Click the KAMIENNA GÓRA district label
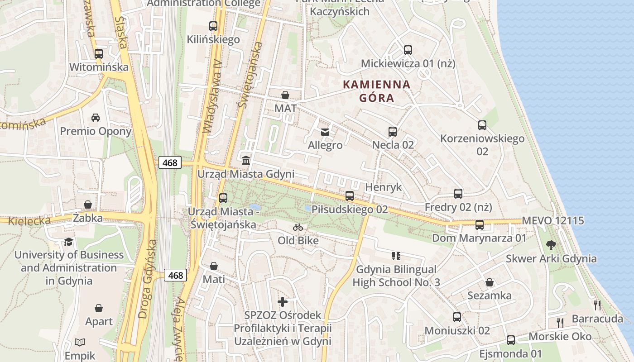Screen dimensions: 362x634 point(376,91)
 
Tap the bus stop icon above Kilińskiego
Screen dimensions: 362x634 point(213,26)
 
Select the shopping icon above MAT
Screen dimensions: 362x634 point(285,95)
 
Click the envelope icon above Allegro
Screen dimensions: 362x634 point(325,132)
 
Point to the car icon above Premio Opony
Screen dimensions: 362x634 point(96,118)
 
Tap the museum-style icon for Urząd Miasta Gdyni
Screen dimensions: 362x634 point(246,160)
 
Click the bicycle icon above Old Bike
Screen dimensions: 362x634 point(298,227)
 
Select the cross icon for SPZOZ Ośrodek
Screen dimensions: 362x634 point(283,301)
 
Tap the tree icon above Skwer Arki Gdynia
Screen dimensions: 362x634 point(551,245)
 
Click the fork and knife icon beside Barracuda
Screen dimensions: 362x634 point(597,305)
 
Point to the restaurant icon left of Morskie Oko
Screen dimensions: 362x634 point(561,323)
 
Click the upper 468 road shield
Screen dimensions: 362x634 point(170,162)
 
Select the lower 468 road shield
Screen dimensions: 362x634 point(175,275)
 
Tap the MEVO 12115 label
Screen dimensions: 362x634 point(553,221)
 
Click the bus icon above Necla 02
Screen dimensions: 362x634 point(393,132)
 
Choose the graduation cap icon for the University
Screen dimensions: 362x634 point(68,242)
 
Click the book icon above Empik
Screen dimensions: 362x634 point(80,342)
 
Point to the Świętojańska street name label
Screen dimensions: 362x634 point(249,75)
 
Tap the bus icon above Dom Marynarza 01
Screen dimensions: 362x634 point(479,224)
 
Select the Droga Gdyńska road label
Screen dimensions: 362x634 point(148,279)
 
